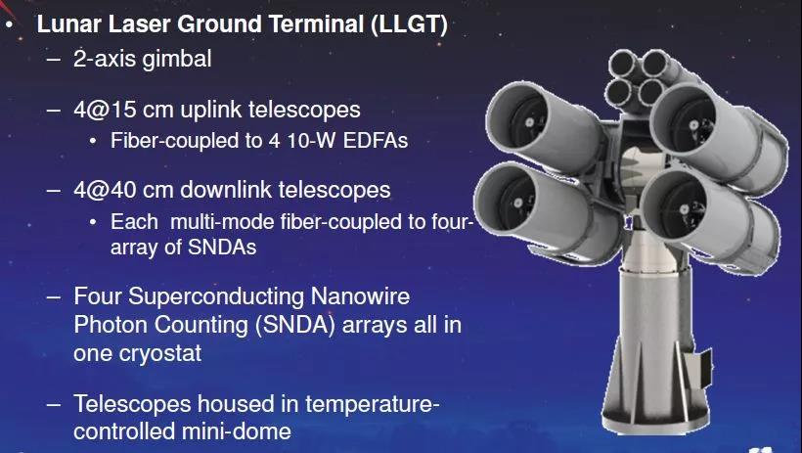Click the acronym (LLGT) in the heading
(409, 24)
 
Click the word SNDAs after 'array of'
(222, 248)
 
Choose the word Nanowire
(360, 296)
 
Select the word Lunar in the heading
(68, 24)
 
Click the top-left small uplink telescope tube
(624, 64)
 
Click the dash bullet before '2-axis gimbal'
(53, 60)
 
